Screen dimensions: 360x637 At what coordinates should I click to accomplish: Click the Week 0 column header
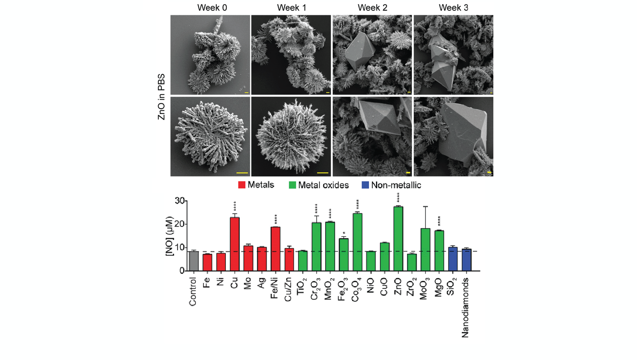coord(212,8)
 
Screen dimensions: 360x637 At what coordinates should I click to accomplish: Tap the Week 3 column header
coord(453,8)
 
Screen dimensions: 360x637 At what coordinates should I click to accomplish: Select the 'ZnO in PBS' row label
coord(162,97)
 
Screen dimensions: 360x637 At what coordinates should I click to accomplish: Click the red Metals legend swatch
coord(242,185)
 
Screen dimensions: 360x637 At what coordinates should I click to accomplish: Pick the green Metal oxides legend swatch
coord(292,185)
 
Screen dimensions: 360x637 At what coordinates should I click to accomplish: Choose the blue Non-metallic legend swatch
coord(365,185)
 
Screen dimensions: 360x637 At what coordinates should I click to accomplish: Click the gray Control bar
coord(194,261)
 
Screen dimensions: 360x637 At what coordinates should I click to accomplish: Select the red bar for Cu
coord(234,244)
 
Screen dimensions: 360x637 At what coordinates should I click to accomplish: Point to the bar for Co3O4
coord(357,242)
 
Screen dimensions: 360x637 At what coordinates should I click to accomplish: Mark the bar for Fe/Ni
coord(275,249)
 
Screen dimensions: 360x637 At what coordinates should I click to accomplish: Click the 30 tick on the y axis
coord(180,201)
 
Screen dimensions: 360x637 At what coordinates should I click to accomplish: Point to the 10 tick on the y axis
coord(180,248)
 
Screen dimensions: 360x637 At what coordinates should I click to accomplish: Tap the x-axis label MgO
coord(439,288)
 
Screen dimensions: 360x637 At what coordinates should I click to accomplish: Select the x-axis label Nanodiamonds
coord(465,308)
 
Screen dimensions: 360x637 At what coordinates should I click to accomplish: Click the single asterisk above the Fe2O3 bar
coord(344,234)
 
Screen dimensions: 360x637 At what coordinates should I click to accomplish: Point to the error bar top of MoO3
coord(425,207)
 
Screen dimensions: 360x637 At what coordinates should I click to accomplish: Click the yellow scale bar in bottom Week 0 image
coord(242,173)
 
